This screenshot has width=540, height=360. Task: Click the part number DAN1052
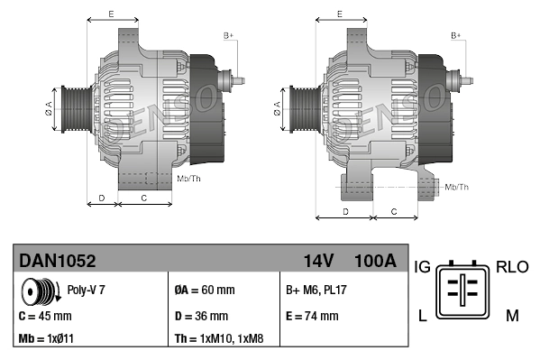coord(57,261)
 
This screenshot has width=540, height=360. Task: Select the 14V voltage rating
coord(318,261)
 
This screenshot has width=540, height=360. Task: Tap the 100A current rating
coord(377,261)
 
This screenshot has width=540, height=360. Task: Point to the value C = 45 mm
coord(45,316)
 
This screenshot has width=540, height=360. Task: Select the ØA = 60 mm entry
coord(205,291)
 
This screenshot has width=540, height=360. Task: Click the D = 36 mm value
coord(201,316)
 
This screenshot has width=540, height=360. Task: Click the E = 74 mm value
coord(312,316)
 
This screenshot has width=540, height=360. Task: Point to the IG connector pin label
coord(422,267)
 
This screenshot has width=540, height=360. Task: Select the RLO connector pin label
coord(512,267)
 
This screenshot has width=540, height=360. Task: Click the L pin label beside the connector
coord(421,314)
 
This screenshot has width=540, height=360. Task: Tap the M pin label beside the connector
coord(511,314)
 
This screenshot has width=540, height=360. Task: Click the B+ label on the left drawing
coord(228,35)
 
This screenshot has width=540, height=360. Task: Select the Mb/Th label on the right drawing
coord(457,187)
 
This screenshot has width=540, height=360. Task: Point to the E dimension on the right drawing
coord(338,14)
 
